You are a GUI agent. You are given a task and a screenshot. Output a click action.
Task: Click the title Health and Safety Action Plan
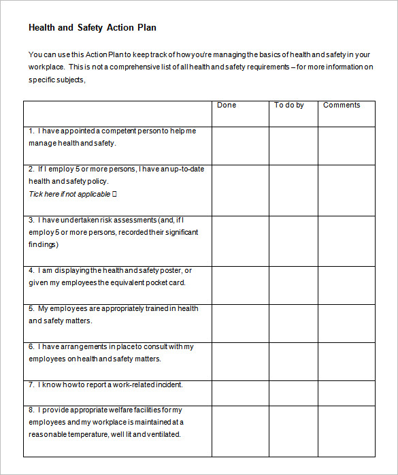[x=93, y=28]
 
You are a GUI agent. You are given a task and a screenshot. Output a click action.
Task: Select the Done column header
[x=227, y=105]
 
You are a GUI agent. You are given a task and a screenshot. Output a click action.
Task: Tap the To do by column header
[x=288, y=105]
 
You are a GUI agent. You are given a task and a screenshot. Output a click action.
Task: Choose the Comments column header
[x=342, y=105]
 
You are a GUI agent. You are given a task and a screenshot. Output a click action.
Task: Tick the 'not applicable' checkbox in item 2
[x=114, y=195]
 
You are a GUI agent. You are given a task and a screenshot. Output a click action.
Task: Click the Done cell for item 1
[x=240, y=146]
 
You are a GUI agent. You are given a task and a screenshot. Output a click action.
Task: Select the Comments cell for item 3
[x=346, y=241]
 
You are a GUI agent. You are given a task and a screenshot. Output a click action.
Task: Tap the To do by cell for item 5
[x=293, y=323]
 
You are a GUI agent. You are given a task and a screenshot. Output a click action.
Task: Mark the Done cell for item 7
[x=240, y=393]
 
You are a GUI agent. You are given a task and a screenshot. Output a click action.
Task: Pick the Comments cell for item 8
[x=346, y=431]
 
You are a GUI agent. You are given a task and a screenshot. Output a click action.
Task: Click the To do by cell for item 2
[x=293, y=190]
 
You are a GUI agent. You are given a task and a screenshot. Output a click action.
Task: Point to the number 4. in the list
[x=31, y=270]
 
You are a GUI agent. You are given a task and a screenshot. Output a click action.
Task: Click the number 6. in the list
[x=31, y=346]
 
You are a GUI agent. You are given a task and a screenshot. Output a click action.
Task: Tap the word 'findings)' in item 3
[x=43, y=244]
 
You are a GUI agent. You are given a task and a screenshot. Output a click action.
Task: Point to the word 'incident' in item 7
[x=167, y=384]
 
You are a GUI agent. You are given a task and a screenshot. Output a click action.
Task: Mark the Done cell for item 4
[x=240, y=285]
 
